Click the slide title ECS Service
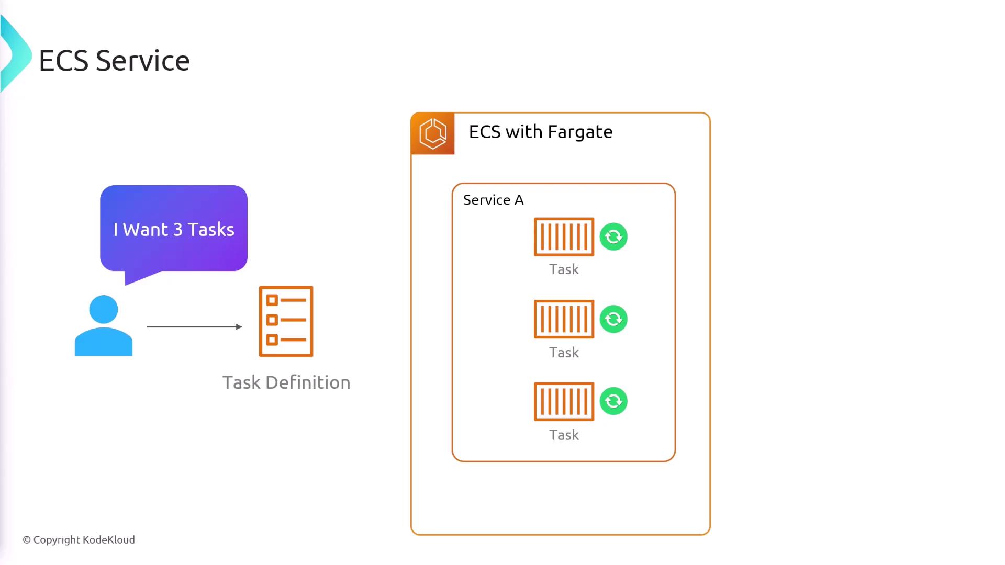tap(114, 61)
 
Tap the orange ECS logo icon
tap(433, 133)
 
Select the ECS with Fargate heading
tap(541, 132)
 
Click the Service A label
tap(493, 200)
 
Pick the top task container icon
tap(564, 236)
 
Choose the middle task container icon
tap(564, 319)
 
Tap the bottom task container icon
tap(564, 401)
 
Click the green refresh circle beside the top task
tap(613, 237)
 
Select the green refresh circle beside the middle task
tap(613, 319)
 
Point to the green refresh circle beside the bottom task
tap(613, 401)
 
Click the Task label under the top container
tap(564, 269)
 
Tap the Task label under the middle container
tap(564, 353)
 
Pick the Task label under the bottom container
tap(564, 435)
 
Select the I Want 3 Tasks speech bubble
tap(174, 229)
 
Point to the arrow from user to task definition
tap(194, 327)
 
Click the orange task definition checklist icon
tap(286, 321)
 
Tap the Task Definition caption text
tap(286, 382)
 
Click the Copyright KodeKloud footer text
tap(79, 540)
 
